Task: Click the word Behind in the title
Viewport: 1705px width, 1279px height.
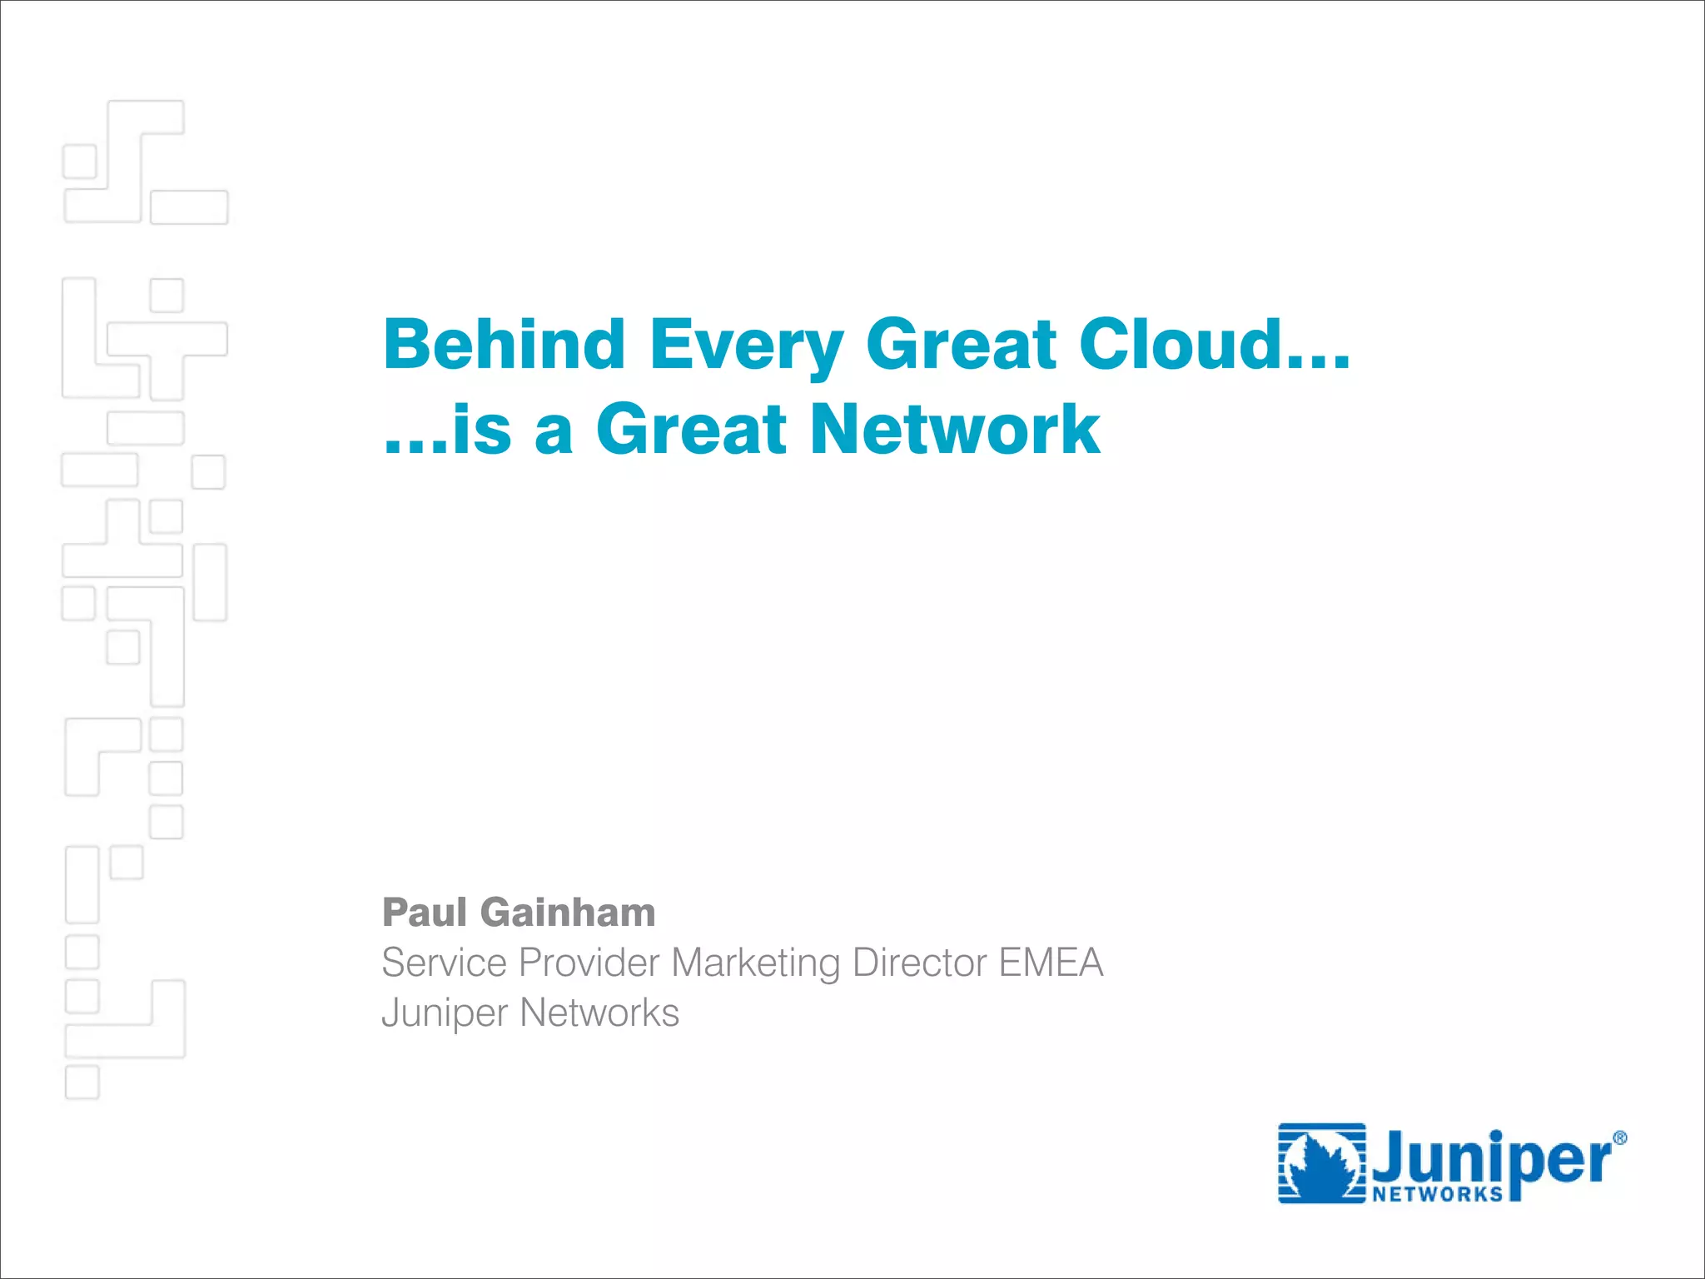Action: click(x=504, y=344)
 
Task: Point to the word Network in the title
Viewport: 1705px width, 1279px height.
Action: click(x=956, y=430)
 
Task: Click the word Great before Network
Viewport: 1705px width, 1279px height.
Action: click(x=691, y=430)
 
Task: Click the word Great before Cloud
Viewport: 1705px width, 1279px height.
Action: click(x=961, y=344)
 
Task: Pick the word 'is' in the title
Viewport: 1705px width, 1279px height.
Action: click(x=481, y=430)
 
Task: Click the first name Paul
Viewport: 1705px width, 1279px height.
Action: click(x=425, y=913)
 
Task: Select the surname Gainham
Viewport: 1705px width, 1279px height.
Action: click(x=568, y=913)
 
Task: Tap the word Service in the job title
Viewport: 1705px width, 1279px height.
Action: click(x=444, y=963)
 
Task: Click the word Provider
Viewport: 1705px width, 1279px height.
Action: click(x=589, y=963)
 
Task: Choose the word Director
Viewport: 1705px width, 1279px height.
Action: click(x=919, y=963)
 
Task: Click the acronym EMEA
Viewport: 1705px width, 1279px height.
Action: click(x=1051, y=963)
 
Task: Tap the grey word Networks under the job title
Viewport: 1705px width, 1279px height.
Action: click(x=599, y=1013)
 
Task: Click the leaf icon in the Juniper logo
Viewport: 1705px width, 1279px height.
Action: click(x=1322, y=1164)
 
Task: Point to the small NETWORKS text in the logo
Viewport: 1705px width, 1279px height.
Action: click(x=1437, y=1194)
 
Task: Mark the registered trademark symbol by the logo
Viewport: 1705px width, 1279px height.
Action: click(x=1619, y=1138)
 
